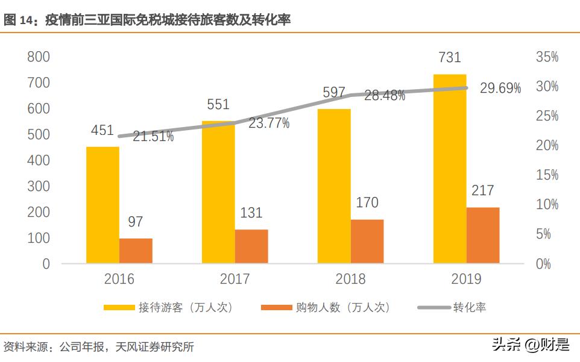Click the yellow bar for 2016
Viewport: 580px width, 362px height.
pyautogui.click(x=102, y=205)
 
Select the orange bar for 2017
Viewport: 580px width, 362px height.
pyautogui.click(x=251, y=246)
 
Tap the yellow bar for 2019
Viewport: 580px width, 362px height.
pyautogui.click(x=450, y=169)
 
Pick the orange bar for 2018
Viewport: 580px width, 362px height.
pyautogui.click(x=367, y=241)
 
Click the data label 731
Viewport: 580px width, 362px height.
pyautogui.click(x=449, y=58)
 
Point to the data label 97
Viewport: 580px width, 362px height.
pyautogui.click(x=136, y=222)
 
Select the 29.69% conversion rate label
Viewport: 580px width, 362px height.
pyautogui.click(x=500, y=89)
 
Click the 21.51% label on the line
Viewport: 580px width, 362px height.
pyautogui.click(x=153, y=137)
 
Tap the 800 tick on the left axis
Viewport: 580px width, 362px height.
pyautogui.click(x=38, y=57)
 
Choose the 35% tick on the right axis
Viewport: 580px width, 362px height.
pyautogui.click(x=547, y=57)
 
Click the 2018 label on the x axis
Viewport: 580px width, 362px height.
pyautogui.click(x=350, y=279)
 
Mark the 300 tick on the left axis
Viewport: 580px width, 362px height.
pyautogui.click(x=38, y=186)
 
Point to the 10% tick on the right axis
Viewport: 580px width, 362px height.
pyautogui.click(x=547, y=205)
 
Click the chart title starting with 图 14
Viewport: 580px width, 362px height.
pyautogui.click(x=147, y=20)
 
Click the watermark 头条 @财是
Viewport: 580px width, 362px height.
pyautogui.click(x=530, y=345)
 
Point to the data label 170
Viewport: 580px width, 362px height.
pyautogui.click(x=367, y=203)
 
